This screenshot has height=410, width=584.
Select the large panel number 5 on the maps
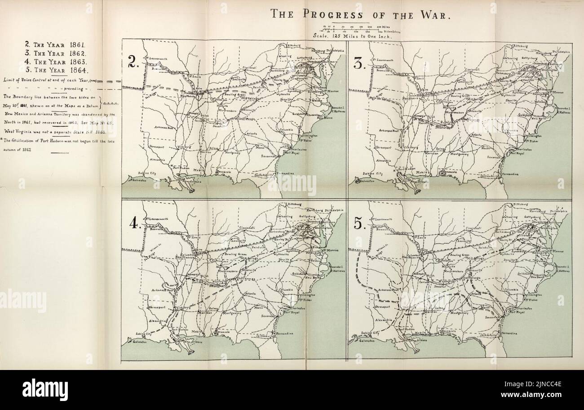[x=360, y=223]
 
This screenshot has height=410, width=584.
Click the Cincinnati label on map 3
[x=475, y=70]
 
